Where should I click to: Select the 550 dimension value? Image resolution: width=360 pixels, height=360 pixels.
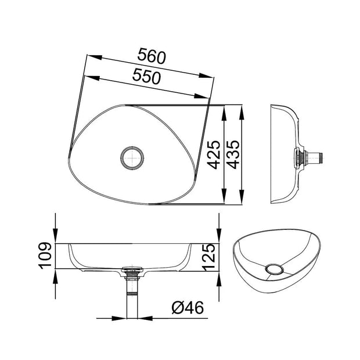(x=146, y=76)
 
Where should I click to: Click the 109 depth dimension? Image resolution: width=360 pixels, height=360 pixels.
(x=46, y=255)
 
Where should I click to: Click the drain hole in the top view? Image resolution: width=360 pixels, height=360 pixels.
(x=134, y=157)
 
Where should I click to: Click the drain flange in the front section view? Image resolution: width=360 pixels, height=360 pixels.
(x=134, y=269)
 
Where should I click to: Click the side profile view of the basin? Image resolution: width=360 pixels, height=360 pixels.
(x=287, y=154)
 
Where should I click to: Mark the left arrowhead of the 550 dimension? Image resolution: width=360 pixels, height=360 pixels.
(x=86, y=75)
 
